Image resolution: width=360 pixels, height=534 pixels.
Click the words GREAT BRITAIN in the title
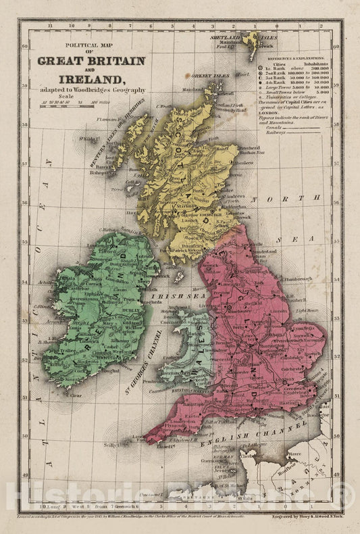[x=91, y=60]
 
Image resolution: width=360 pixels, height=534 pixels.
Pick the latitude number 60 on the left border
[x=25, y=47]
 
